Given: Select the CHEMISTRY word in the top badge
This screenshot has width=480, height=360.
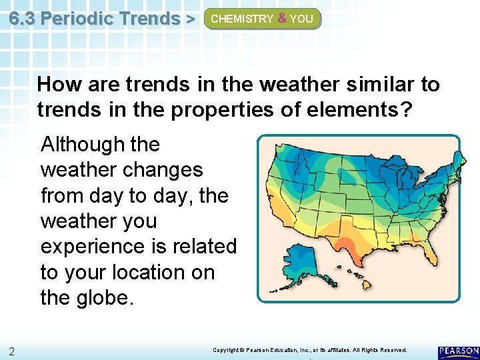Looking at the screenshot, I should coord(241,19).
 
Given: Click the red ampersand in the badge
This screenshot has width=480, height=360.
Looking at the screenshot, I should coord(281,19).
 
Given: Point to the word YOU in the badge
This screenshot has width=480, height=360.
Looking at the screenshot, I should coord(301,19).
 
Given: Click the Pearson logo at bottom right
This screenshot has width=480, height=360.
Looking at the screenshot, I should coord(458,351).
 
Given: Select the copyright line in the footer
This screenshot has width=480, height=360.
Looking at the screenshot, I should coord(309,350).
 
